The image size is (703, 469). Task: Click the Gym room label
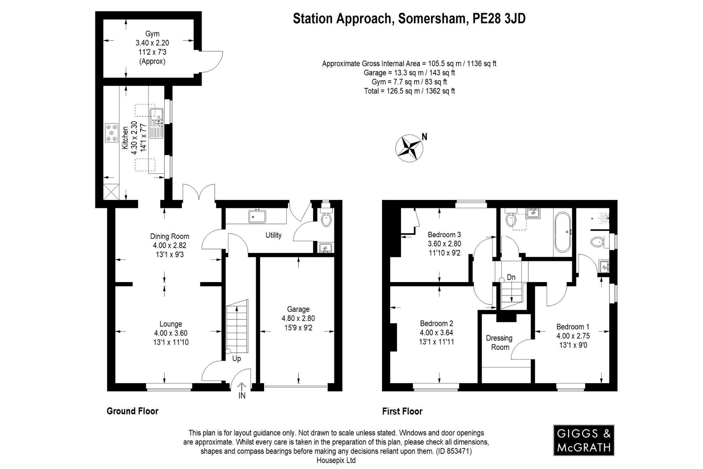tap(152, 34)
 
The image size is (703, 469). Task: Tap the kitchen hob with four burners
tap(111, 133)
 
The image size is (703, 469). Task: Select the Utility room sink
tap(257, 216)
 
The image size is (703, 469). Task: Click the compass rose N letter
tap(424, 137)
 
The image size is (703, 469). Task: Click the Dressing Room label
tap(499, 343)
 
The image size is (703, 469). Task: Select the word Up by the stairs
tap(237, 359)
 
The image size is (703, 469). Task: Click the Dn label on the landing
tap(511, 277)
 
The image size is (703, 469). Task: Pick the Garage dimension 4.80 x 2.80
tap(298, 319)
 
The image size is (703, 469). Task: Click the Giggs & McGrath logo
tap(584, 440)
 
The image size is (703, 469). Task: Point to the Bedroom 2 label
tap(436, 323)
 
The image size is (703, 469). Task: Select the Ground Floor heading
tap(132, 411)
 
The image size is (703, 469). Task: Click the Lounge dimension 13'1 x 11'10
tap(171, 342)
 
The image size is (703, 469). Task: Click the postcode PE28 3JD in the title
tap(499, 19)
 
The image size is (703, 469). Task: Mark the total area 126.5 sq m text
tap(409, 91)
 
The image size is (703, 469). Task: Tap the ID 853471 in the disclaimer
tap(453, 451)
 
